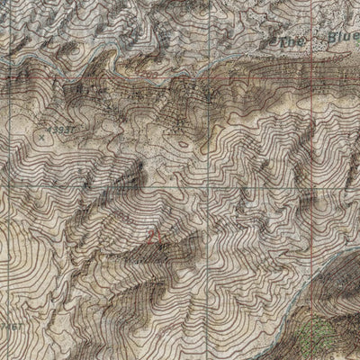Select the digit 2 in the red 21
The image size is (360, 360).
pos(151,237)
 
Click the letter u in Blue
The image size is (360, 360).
pos(347,38)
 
